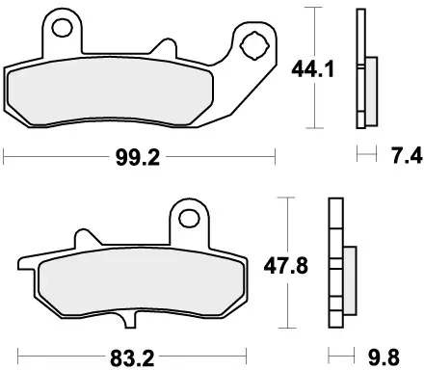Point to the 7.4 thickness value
tap(397, 153)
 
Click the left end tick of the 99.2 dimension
tap(6, 153)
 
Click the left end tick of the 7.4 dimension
tap(359, 153)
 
